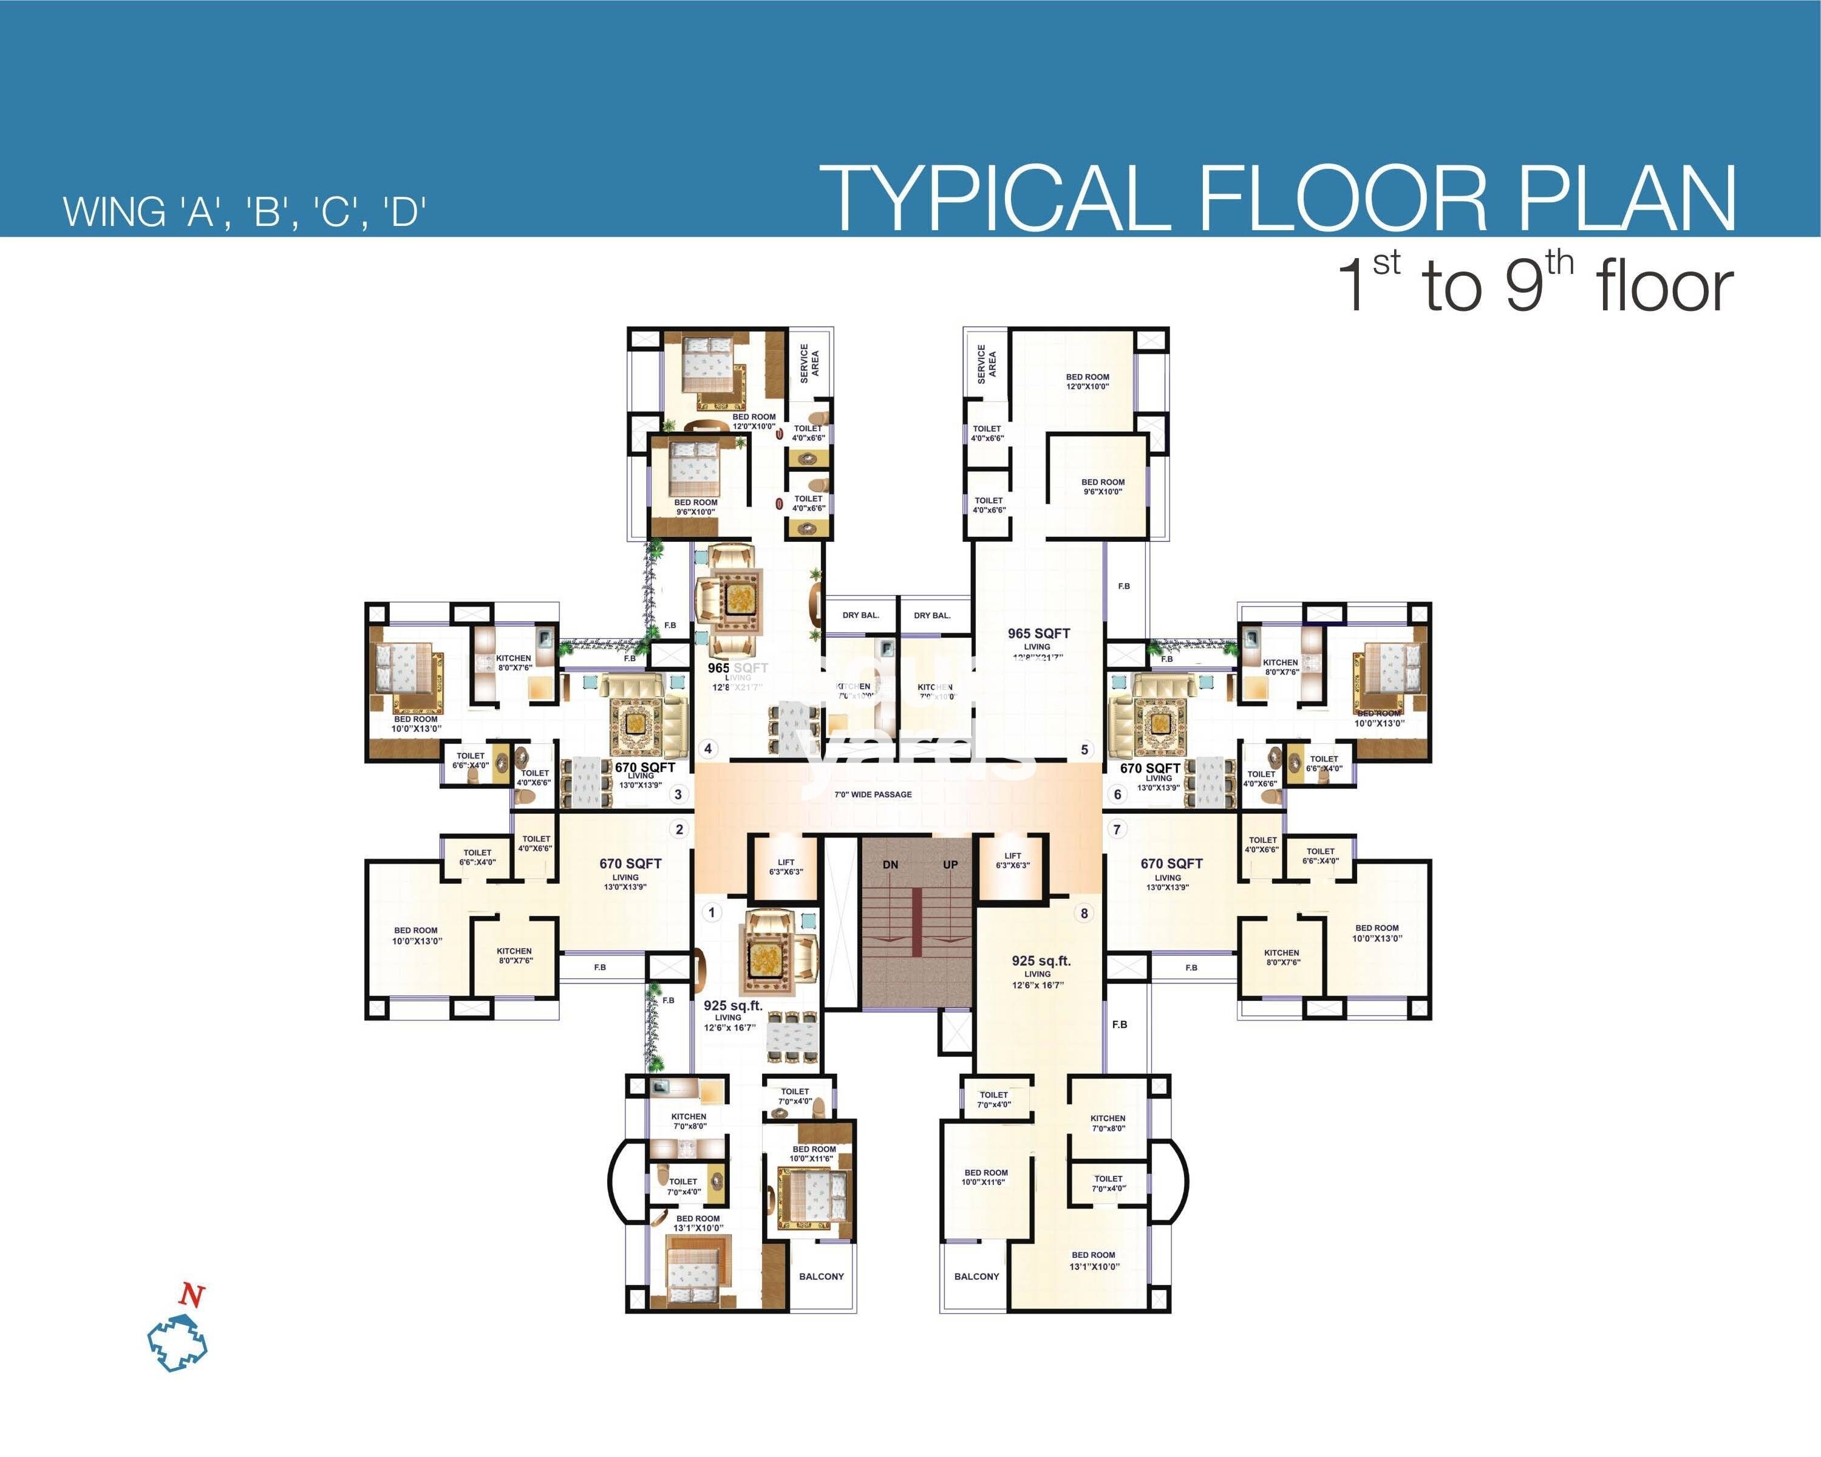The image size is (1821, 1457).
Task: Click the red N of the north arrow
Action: (192, 1295)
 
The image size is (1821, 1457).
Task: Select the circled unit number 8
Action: (1084, 912)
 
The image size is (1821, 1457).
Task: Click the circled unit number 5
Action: (1085, 749)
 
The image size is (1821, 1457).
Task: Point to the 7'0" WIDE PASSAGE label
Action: (873, 794)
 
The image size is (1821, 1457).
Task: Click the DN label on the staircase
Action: (890, 865)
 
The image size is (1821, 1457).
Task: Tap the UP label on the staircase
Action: (950, 865)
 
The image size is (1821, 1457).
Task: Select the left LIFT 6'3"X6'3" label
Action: (786, 867)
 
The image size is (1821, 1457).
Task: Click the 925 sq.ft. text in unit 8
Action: (1041, 960)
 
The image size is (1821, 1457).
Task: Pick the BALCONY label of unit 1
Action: (821, 1276)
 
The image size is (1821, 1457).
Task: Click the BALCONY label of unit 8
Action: (976, 1276)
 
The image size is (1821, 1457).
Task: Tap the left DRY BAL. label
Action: (860, 615)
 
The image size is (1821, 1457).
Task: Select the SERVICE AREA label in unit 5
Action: (987, 364)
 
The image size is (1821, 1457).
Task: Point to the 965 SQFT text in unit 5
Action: (1038, 633)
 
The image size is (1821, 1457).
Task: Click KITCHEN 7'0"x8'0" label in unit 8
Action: (1108, 1122)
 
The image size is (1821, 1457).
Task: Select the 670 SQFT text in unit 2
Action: (630, 863)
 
